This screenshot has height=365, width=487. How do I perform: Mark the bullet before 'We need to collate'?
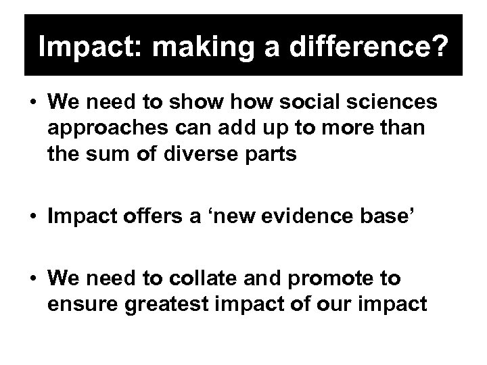point(33,278)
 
